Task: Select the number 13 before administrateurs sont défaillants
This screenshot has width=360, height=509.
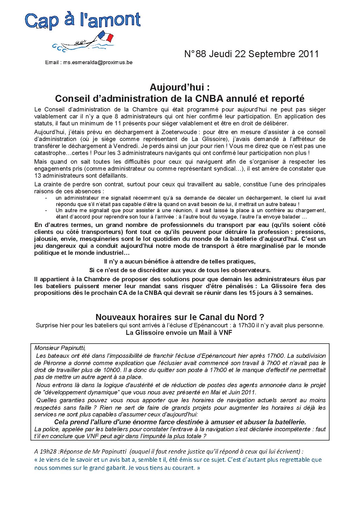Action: coord(37,176)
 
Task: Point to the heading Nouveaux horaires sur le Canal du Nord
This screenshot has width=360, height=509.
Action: coord(179,317)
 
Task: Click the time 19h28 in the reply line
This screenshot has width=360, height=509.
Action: coord(45,452)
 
